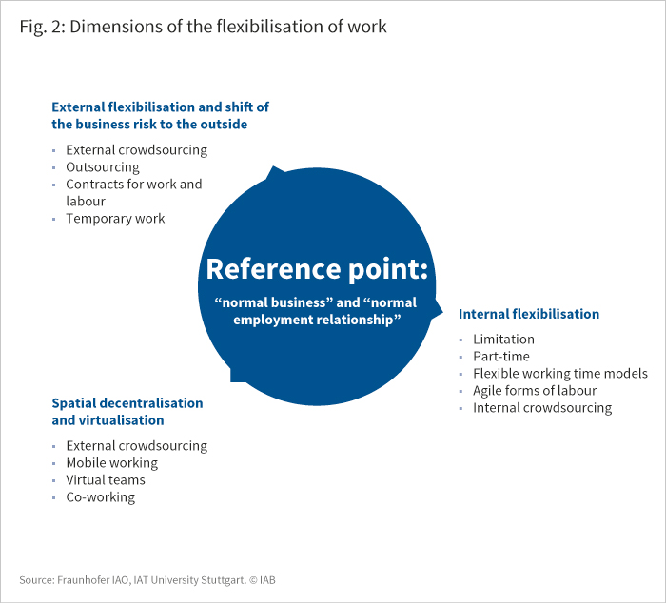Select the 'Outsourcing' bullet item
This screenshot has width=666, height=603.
[x=103, y=167]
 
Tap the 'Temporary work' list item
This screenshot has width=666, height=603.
[x=115, y=218]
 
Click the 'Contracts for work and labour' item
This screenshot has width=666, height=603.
[x=134, y=192]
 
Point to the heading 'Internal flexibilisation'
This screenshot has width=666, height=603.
[x=529, y=314]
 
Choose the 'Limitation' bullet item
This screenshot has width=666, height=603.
[x=503, y=340]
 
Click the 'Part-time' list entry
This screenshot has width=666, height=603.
[x=501, y=357]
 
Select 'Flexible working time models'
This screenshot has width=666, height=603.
[x=560, y=373]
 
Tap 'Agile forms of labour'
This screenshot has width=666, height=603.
[x=535, y=391]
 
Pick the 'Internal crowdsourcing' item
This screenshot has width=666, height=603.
[x=542, y=408]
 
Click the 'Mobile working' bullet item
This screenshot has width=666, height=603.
[x=111, y=463]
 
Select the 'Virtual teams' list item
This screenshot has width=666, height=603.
[x=106, y=480]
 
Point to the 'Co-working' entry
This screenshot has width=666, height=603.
[x=100, y=497]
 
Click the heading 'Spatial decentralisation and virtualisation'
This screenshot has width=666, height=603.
[x=127, y=412]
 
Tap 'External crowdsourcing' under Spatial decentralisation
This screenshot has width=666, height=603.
[x=136, y=446]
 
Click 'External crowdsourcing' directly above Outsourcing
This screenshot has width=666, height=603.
[x=136, y=150]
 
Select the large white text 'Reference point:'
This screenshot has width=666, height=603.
[x=317, y=269]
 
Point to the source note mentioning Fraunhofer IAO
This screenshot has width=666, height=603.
[x=147, y=580]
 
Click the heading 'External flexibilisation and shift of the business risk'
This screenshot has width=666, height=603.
[x=160, y=115]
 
